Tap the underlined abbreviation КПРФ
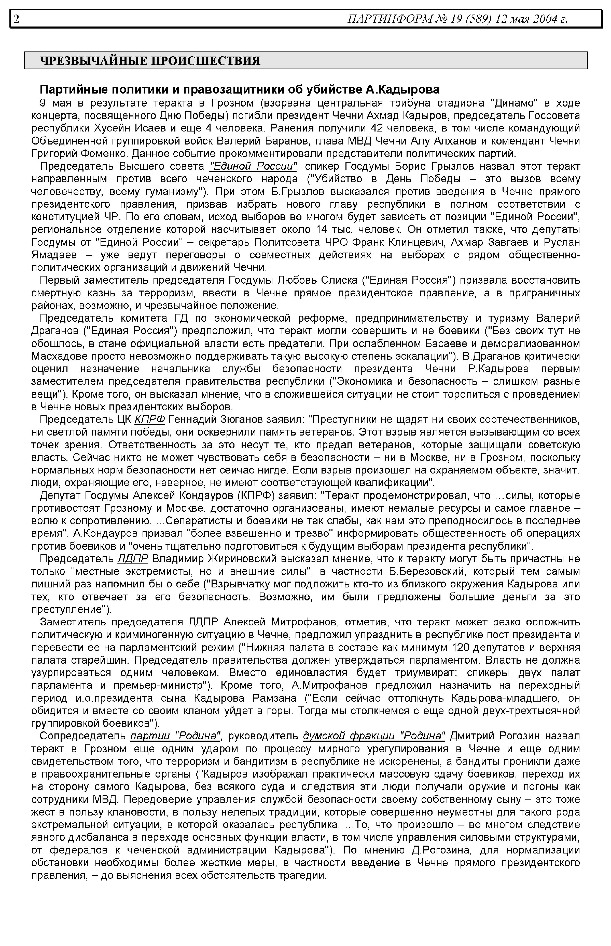point(150,419)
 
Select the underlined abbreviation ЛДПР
point(133,559)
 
